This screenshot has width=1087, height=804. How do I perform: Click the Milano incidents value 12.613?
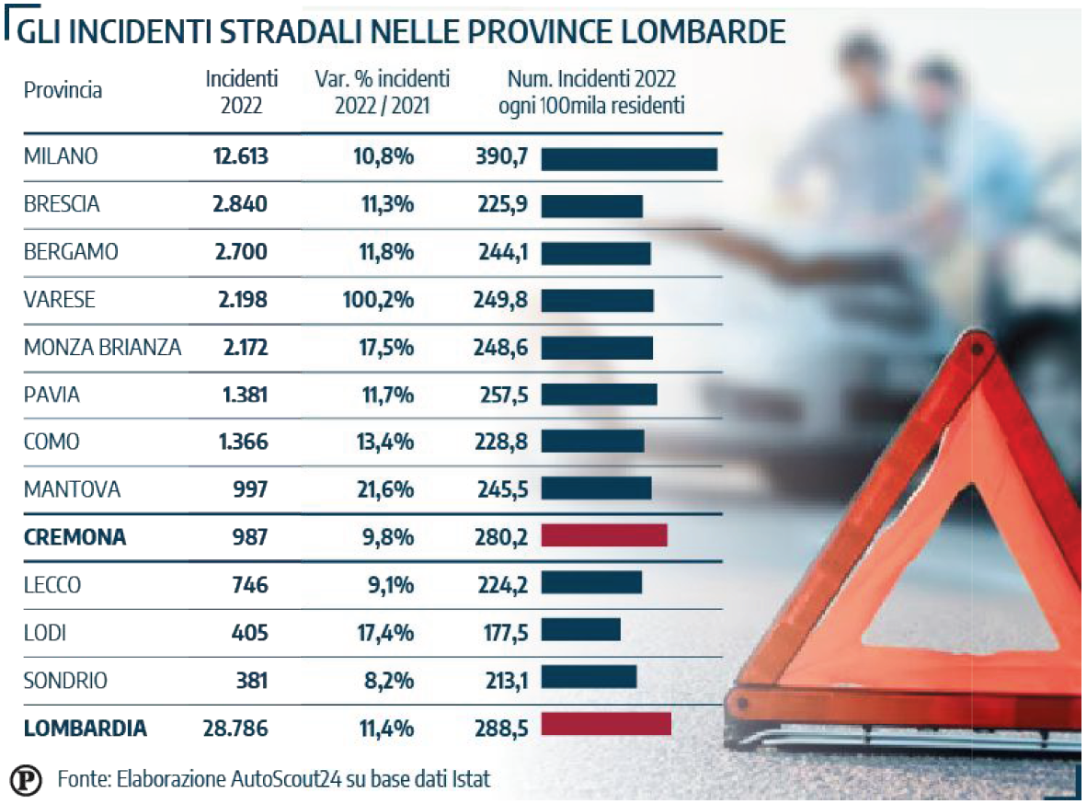coord(240,156)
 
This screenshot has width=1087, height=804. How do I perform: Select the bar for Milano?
coord(628,158)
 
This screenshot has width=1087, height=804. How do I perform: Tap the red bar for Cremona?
coord(603,535)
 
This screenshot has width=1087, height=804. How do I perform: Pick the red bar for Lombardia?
coord(605,724)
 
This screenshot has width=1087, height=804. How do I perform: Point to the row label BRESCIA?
coord(62,204)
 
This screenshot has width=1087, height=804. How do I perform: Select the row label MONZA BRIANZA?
coord(102,347)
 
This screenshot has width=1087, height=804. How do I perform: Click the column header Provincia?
coord(63,90)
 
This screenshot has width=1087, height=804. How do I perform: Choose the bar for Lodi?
coord(580,630)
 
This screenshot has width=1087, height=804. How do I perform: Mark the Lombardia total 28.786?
coord(235,729)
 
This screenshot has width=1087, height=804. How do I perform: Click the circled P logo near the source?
coord(27,780)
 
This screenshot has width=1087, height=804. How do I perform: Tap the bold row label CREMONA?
coord(75,537)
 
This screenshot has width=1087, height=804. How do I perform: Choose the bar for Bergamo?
coord(595,253)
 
